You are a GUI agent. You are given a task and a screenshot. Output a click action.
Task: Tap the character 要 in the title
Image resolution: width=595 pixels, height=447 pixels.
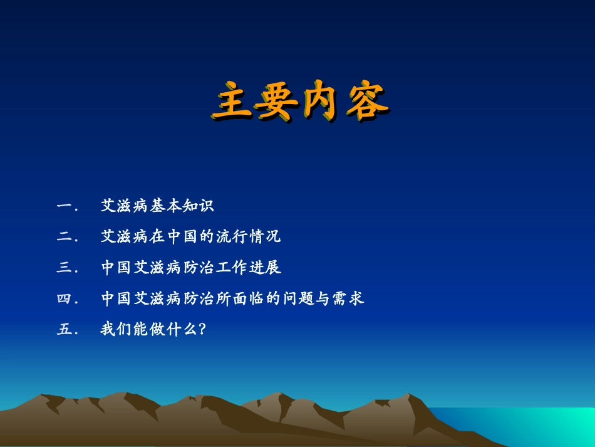[277, 102]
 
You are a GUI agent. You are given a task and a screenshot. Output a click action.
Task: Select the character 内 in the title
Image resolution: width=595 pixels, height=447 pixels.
[323, 102]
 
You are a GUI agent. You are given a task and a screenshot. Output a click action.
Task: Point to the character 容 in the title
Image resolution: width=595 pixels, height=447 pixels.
[366, 102]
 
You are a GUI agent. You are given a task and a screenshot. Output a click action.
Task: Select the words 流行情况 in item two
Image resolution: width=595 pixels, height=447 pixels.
[247, 237]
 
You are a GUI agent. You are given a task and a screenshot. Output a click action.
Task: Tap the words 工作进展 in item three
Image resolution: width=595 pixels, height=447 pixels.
[247, 268]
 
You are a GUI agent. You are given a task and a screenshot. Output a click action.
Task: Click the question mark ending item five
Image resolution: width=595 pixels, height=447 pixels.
[201, 330]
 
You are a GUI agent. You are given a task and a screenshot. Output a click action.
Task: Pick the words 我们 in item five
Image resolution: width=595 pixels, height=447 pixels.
[117, 330]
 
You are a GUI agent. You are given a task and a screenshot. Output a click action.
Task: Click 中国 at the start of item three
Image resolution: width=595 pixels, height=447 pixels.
[117, 268]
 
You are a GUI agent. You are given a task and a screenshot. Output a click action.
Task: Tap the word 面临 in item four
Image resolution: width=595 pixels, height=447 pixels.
[264, 299]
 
